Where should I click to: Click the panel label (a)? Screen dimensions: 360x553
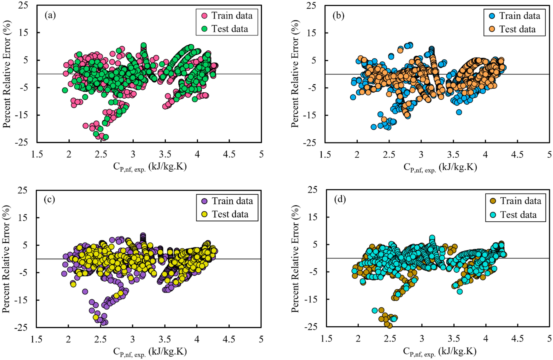[50, 15]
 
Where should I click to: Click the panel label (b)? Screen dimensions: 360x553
[338, 16]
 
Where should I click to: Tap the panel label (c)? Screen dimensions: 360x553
[49, 199]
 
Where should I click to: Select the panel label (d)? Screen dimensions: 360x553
[340, 199]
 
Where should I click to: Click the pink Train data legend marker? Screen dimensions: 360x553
[204, 16]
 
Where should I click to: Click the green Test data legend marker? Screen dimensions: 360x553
[204, 29]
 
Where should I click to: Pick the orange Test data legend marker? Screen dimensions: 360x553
[492, 29]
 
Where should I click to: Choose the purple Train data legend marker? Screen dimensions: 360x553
[205, 201]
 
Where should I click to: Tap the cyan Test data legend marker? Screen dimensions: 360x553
[493, 215]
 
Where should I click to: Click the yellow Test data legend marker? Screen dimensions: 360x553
[205, 214]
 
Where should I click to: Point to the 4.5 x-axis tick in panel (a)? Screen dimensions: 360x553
[229, 154]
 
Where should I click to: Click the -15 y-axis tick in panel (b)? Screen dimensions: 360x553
[310, 115]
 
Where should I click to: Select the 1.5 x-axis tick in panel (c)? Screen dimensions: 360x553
[36, 339]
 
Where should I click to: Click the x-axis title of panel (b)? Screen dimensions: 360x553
[440, 167]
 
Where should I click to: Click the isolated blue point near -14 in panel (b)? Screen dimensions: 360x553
[459, 112]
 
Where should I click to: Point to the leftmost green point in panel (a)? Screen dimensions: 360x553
[65, 90]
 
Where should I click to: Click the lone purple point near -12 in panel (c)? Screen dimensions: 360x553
[85, 292]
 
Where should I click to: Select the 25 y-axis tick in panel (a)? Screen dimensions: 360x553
[23, 5]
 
